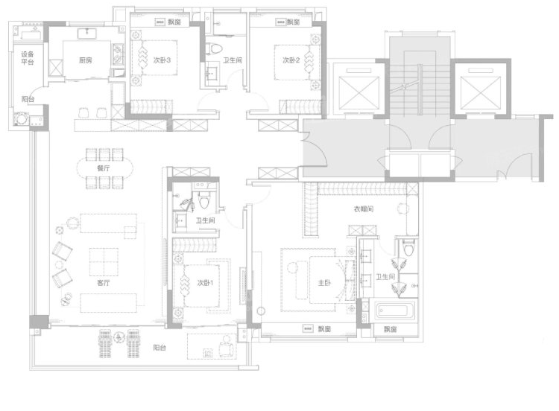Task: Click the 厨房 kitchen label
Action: click(86, 60)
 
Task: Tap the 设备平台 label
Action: click(28, 58)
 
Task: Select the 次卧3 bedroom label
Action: click(162, 60)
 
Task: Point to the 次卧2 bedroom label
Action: click(291, 60)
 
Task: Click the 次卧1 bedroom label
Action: click(205, 283)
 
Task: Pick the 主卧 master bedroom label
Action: click(324, 283)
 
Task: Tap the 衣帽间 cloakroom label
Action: click(364, 209)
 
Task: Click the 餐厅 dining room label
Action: click(104, 168)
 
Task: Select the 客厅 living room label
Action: click(104, 283)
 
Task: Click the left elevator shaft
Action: click(359, 92)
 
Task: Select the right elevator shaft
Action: click(481, 93)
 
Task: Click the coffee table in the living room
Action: click(104, 262)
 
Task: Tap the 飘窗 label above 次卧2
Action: click(294, 22)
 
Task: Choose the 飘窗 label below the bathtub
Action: click(391, 329)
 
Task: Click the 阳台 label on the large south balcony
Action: click(160, 348)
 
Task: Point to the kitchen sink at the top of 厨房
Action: click(87, 34)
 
